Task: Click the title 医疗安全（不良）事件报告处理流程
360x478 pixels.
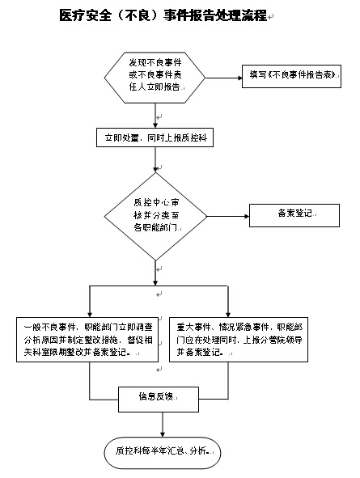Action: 163,15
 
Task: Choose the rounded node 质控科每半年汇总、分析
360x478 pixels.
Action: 163,451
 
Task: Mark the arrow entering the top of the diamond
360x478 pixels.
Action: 154,162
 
